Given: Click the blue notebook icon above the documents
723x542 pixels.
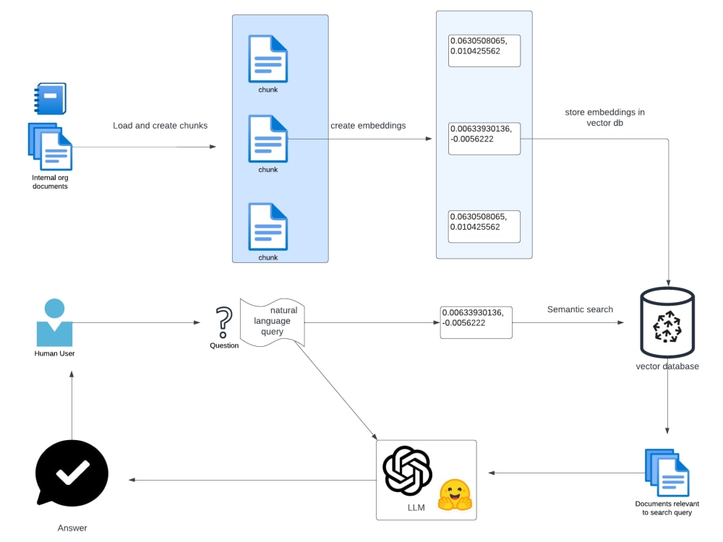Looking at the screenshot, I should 51,99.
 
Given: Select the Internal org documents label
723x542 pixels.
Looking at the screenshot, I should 50,181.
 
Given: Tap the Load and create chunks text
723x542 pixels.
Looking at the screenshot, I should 160,126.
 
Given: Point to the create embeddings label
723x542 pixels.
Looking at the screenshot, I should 368,126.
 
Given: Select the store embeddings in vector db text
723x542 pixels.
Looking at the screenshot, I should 605,117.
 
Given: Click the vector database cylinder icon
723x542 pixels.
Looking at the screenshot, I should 667,322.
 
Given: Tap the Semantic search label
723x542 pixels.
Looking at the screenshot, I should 580,309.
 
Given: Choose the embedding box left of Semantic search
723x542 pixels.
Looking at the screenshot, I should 476,322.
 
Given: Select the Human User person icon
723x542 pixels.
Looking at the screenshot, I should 54,323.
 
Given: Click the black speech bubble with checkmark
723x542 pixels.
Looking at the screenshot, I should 72,474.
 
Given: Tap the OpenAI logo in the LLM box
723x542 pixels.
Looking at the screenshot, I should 407,470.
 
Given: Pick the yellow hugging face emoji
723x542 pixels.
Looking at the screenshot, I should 455,495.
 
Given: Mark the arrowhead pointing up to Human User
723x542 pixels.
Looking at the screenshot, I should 72,374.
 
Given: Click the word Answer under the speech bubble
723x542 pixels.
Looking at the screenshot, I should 72,528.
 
